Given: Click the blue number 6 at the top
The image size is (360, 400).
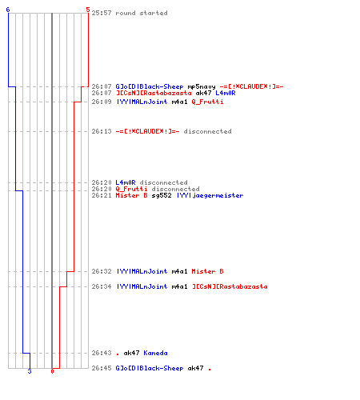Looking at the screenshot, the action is click(8, 10).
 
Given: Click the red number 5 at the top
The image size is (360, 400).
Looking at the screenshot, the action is click(88, 10).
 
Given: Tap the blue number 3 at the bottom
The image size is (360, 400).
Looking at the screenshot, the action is click(30, 371).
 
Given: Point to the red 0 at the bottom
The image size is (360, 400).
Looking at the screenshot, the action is click(52, 371).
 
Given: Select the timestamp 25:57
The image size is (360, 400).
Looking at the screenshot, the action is click(102, 13).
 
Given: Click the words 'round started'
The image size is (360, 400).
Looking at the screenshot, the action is click(142, 13).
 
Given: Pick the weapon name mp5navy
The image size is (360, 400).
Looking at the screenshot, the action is click(202, 86).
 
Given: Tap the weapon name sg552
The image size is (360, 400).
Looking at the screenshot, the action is click(162, 195).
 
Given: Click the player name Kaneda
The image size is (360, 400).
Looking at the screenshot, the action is click(155, 353).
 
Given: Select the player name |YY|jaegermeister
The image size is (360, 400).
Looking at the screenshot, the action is click(210, 195).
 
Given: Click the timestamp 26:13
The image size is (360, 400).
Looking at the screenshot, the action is click(102, 131).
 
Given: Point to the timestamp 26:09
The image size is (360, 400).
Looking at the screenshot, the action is click(102, 102).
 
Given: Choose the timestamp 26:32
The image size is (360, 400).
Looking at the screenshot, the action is click(102, 271).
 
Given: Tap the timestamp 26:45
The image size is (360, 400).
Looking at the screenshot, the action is click(102, 368).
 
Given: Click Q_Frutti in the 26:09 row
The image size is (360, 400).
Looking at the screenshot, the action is click(207, 102).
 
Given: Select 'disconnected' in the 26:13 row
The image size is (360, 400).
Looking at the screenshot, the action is click(207, 131).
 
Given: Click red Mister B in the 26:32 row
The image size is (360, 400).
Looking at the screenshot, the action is click(207, 271).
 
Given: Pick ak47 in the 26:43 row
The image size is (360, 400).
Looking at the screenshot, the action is click(131, 353).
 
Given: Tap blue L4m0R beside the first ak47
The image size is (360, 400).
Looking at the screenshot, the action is click(226, 93).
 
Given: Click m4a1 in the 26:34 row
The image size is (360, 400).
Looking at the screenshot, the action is click(179, 286).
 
